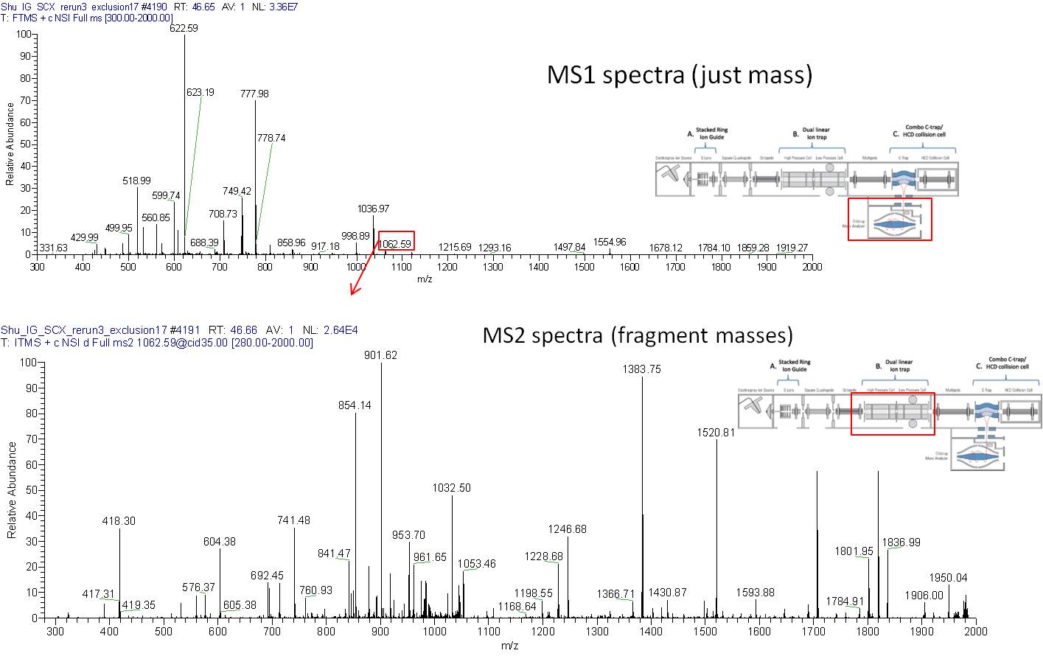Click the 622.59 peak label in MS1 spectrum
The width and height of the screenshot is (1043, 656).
pos(184,28)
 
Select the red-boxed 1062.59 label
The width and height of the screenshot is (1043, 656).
pos(396,243)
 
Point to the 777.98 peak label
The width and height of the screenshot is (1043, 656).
pos(254,94)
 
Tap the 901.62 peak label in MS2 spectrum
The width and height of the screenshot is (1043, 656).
pos(380,355)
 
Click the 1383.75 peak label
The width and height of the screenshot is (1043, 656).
pos(641,369)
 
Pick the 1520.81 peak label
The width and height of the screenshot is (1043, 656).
pos(716,433)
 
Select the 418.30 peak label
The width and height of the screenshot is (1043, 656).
pos(119,521)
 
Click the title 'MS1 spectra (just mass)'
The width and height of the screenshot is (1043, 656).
pos(679,74)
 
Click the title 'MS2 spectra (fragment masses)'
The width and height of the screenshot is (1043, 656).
pos(637,335)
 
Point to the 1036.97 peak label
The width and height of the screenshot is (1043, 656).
pos(373,209)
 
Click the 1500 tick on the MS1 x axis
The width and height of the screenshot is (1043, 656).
pos(584,267)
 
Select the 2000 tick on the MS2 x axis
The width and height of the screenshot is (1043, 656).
pos(975,631)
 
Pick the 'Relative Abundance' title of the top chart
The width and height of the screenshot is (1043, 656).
pos(10,144)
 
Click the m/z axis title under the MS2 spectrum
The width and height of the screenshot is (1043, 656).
pos(509,646)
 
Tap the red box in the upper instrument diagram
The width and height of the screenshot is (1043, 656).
pos(890,219)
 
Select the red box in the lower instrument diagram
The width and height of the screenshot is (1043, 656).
pos(892,414)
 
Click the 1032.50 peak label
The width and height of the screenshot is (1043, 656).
pos(451,488)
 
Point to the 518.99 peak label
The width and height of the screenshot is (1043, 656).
pos(136,181)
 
